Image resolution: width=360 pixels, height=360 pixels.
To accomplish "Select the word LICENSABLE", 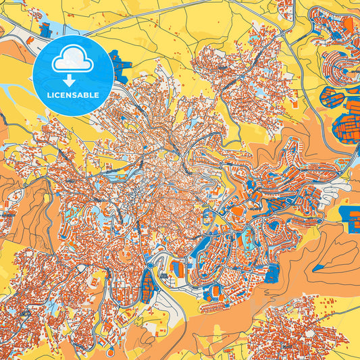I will (x=73, y=94).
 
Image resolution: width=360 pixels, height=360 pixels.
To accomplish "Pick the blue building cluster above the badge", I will (x=47, y=29).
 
